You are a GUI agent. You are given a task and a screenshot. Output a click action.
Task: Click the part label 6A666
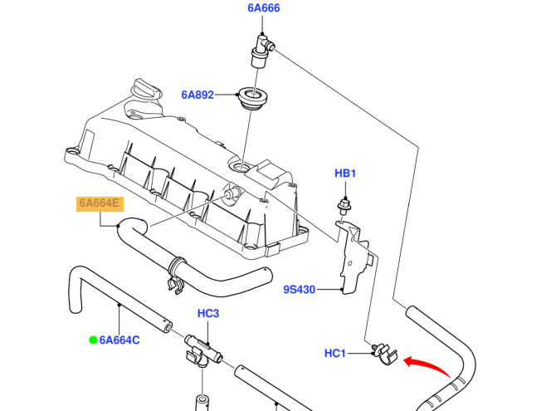tap(263, 9)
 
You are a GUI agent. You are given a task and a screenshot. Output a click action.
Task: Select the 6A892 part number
tap(197, 95)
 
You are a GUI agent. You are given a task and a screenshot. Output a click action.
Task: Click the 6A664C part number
tap(119, 339)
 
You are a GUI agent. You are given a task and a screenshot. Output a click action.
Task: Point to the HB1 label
tap(345, 174)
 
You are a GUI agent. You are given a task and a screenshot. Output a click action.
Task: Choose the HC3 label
tap(207, 314)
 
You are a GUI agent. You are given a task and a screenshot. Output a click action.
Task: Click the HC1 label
tap(334, 354)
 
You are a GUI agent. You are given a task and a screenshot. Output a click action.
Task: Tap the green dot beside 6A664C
tap(94, 339)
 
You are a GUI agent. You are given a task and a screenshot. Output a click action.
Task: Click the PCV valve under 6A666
tap(258, 50)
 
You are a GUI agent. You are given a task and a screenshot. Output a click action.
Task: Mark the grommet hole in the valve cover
tap(242, 168)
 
